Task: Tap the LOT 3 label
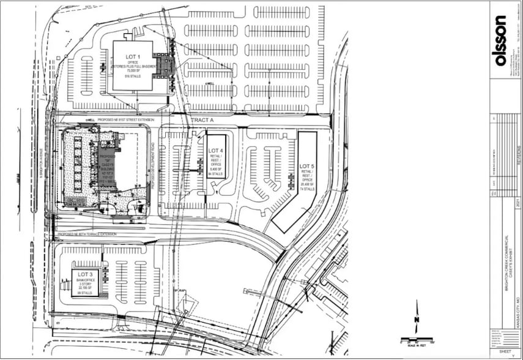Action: coord(85,274)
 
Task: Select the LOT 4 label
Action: coord(216,149)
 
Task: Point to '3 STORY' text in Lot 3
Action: coord(85,285)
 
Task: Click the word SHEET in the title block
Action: coord(505,352)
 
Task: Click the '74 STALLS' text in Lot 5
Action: coord(306,190)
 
